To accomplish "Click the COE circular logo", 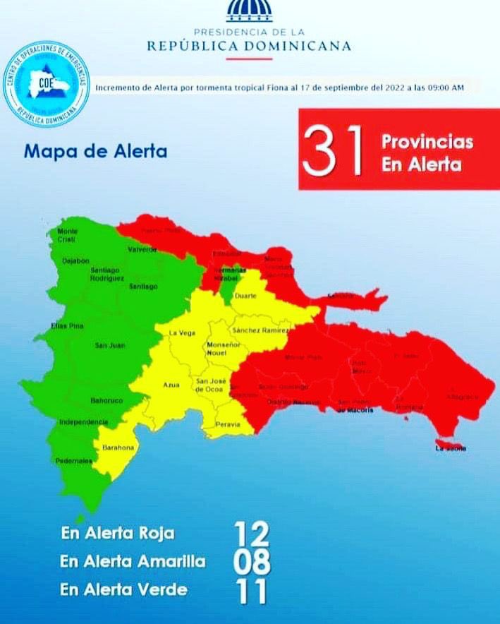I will point(46,84).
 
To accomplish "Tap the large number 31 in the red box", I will point(333,150).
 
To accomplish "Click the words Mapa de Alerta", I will point(95,151).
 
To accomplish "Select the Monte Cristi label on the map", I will point(67,235).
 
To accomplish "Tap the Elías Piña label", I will point(68,325).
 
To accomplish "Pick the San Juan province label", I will point(110,345).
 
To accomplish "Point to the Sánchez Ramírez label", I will point(261,330).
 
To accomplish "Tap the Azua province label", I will point(171,385).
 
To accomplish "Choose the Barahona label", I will point(117,447).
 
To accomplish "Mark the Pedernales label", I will point(75,461).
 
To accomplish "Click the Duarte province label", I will point(245,296).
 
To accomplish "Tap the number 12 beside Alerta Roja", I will point(252,534).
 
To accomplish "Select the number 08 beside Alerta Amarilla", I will point(252,562).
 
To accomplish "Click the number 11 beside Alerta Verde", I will point(252,591).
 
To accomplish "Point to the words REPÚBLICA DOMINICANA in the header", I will point(249,46).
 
